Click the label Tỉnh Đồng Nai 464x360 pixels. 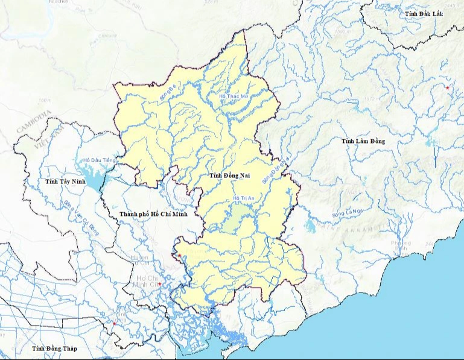pyautogui.click(x=229, y=175)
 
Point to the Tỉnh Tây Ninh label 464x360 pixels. pyautogui.click(x=66, y=181)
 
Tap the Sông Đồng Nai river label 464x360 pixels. pyautogui.click(x=273, y=171)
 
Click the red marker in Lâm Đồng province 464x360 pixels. pyautogui.click(x=448, y=88)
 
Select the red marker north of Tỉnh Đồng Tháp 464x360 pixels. pyautogui.click(x=113, y=324)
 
